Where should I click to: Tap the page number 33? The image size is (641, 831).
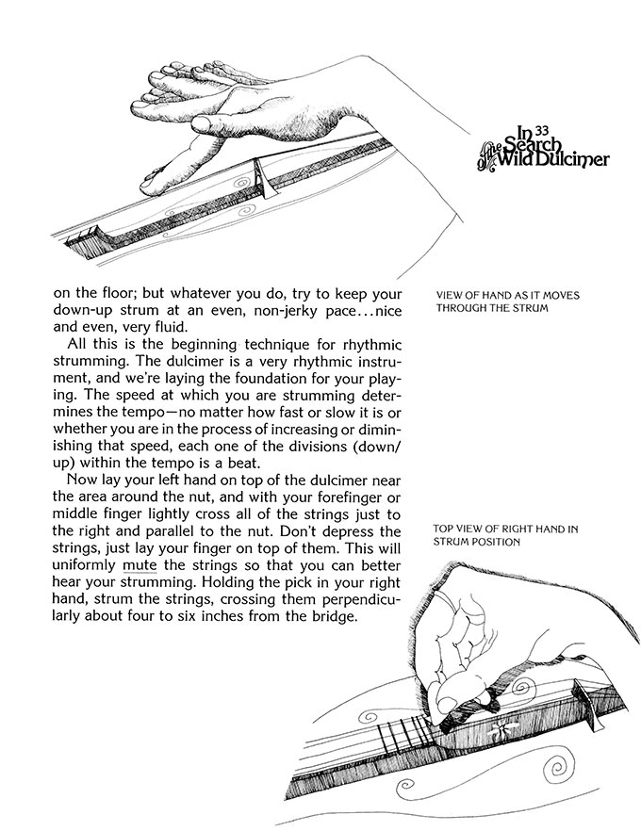(x=541, y=131)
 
